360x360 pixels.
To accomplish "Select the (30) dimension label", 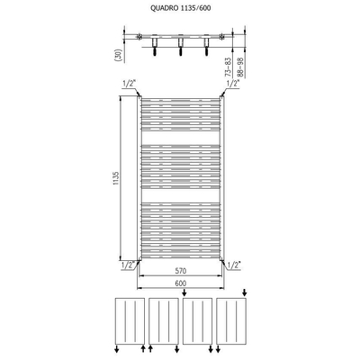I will pos(118,53).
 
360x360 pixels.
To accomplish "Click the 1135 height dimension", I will pos(117,178).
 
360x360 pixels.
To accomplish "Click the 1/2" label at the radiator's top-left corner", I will pos(127,83).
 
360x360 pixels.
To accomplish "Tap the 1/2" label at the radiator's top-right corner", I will pos(232,83).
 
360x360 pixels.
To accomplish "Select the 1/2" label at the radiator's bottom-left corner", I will pos(127,265).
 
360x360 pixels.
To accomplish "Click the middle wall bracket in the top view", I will pos(180,44).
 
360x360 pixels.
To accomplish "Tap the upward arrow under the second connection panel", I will pos(149,347).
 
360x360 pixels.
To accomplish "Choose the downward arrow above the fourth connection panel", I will pos(244,292).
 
